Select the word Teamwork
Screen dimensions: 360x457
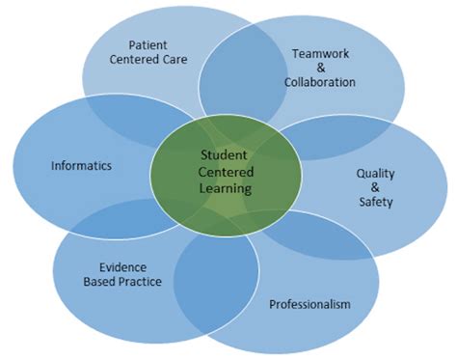(320, 53)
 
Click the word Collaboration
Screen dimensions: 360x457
(320, 82)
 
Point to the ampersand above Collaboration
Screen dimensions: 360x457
(320, 68)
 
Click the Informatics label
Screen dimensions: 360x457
(81, 165)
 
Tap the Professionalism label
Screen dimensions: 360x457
(309, 304)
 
